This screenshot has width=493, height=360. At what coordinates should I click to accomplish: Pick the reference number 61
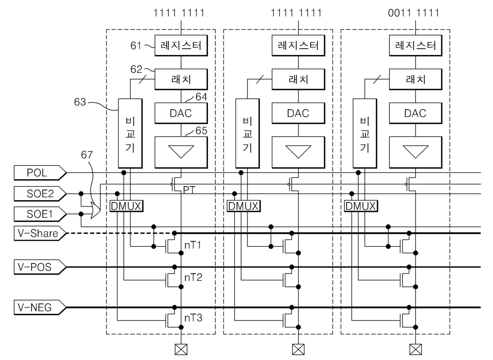[x=136, y=46]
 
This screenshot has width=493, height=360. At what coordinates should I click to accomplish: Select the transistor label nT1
[x=193, y=245]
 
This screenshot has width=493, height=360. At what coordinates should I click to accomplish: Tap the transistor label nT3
[x=193, y=317]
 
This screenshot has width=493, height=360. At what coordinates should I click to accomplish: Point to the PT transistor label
[x=189, y=190]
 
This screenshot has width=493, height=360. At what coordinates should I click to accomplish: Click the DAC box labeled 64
[x=181, y=113]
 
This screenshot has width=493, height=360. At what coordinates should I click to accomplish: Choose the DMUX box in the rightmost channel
[x=360, y=206]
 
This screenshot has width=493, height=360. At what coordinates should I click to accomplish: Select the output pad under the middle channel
[x=298, y=349]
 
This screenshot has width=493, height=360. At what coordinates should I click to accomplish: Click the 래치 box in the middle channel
[x=298, y=79]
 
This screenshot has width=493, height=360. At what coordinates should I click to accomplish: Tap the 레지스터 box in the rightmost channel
[x=415, y=45]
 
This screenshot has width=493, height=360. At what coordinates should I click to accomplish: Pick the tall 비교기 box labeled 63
[x=131, y=133]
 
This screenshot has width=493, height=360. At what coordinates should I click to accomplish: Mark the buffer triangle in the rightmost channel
[x=415, y=151]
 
